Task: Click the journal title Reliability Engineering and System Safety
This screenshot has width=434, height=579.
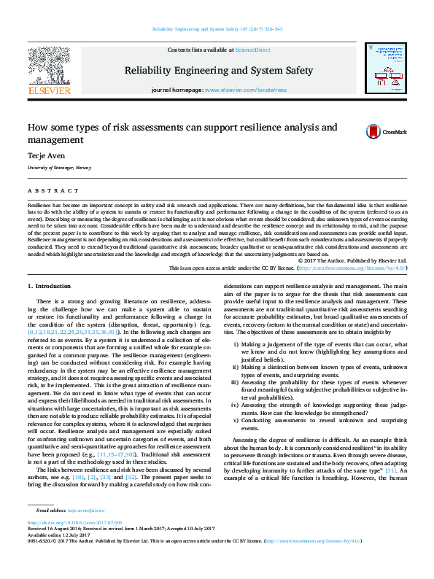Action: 219,71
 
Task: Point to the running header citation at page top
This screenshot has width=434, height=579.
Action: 217,30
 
